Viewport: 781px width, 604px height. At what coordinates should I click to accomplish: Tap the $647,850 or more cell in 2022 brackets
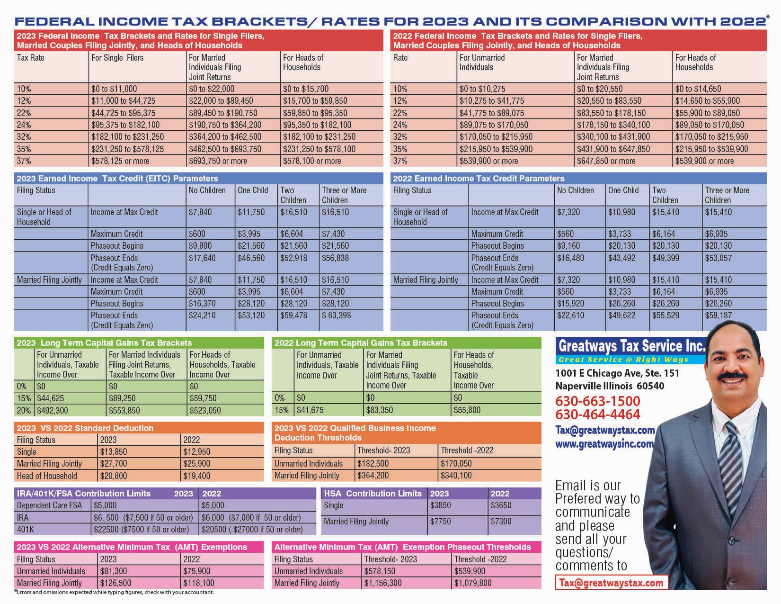606,161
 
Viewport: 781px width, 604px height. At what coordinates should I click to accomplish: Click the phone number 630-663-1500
597,401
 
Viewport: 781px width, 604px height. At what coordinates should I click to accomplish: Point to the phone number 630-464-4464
597,415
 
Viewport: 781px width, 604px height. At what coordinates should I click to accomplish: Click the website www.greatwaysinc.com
604,444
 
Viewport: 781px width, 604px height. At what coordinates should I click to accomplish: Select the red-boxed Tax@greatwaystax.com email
611,583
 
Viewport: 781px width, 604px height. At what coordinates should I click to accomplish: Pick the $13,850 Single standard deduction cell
114,452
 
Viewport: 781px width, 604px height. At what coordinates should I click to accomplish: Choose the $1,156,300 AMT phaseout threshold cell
383,583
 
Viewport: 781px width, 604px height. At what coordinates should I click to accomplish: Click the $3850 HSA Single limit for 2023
440,505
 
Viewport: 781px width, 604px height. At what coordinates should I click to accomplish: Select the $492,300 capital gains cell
53,411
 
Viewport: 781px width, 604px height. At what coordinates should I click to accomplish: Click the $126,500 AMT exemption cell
115,583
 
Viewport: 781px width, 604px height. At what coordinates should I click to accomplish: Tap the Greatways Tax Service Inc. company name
632,346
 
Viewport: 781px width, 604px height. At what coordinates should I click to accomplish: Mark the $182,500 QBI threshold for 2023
373,464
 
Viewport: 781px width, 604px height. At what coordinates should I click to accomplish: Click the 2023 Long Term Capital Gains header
104,343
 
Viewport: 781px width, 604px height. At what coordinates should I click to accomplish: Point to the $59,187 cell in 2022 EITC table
718,316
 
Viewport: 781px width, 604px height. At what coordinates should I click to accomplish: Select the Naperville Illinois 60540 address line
610,386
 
